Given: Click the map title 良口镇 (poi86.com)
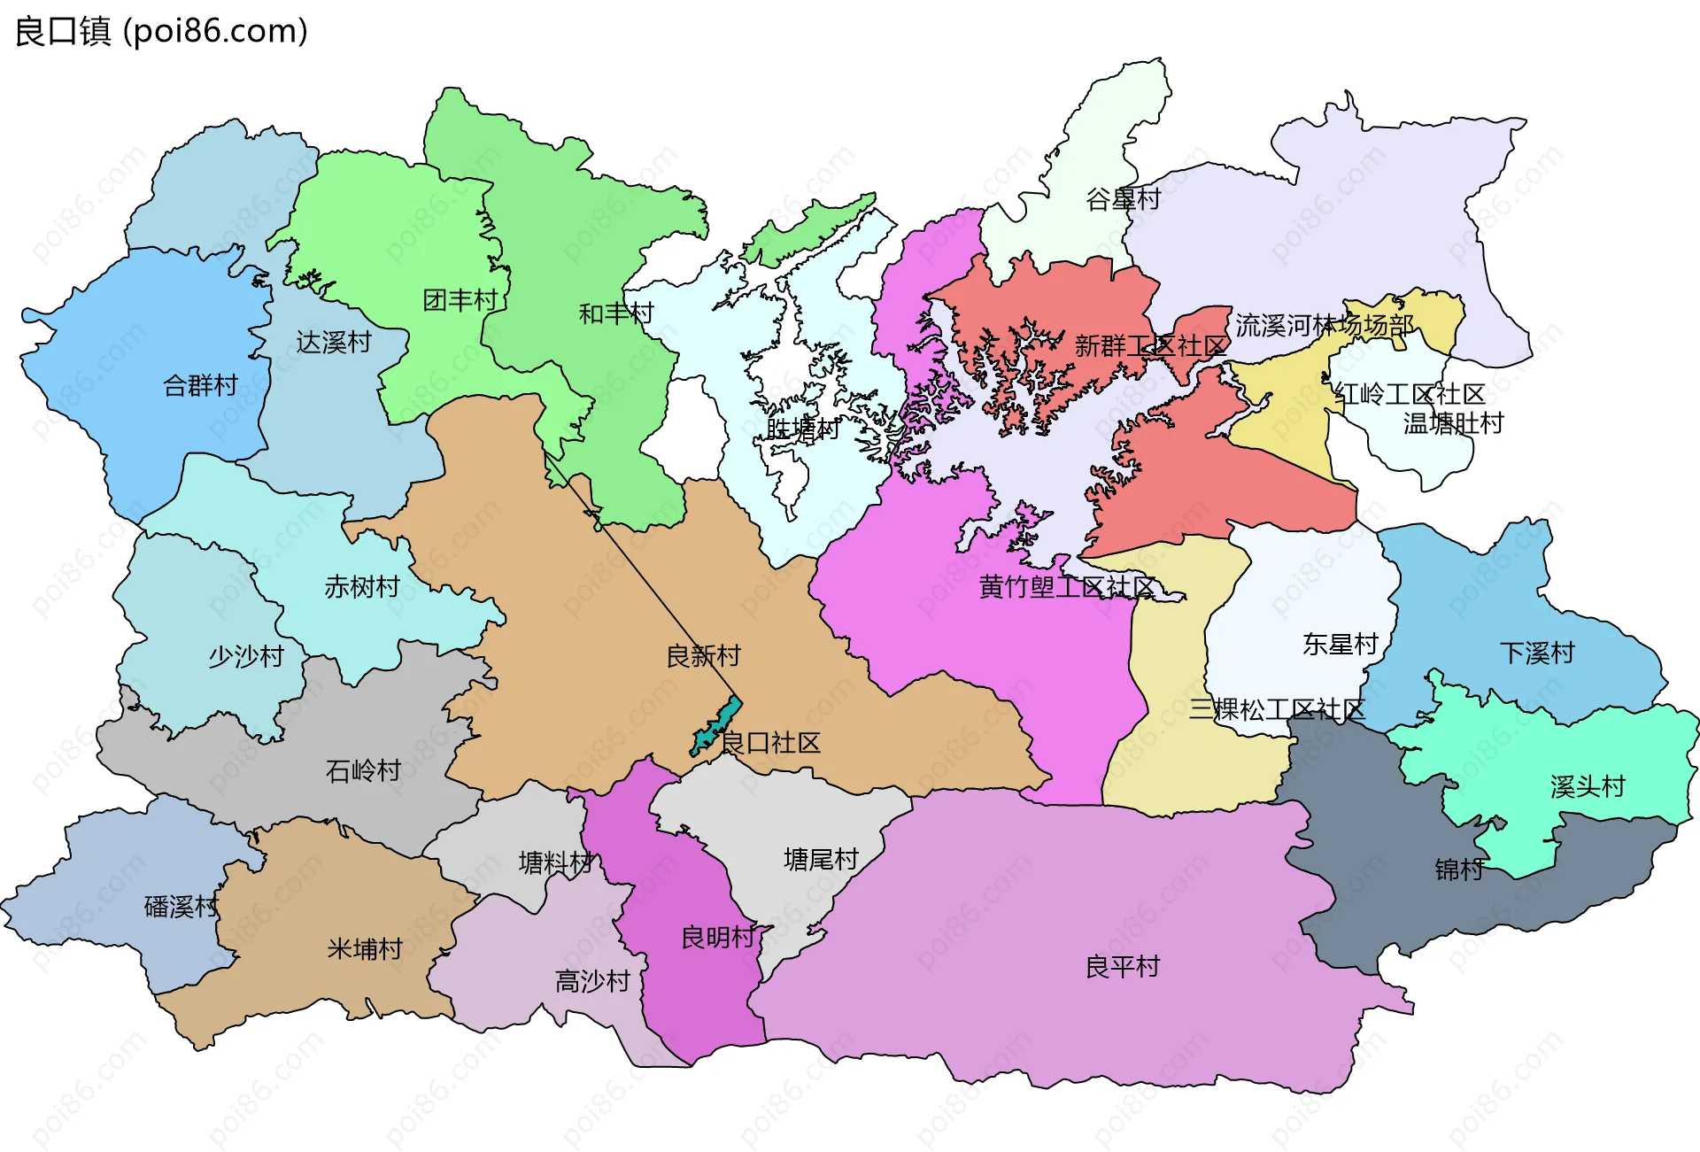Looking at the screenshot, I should tap(161, 31).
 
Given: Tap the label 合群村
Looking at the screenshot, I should tap(201, 386).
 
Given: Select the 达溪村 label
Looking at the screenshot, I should tap(334, 343).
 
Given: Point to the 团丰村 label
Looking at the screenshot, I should tap(460, 301).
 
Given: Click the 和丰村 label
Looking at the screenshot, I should tap(615, 313).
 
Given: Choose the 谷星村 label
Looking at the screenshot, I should tap(1123, 199).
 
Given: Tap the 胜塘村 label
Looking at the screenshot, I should tap(802, 429).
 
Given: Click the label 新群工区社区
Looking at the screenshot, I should tap(1150, 346).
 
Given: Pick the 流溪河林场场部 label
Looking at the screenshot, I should tap(1324, 326).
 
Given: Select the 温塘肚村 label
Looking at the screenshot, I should tap(1453, 424).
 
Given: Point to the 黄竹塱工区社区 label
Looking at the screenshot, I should tap(1067, 587).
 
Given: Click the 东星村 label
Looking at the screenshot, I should tap(1341, 645).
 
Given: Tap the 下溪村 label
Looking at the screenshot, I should tap(1537, 653).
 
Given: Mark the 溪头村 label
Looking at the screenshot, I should tap(1588, 786).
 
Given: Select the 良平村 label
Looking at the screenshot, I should tap(1122, 967).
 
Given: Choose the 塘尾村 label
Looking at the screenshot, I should tap(821, 860).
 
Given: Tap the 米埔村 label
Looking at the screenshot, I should tap(365, 950).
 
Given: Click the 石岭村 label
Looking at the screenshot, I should tap(363, 771).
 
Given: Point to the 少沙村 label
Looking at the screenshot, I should tap(246, 657).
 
